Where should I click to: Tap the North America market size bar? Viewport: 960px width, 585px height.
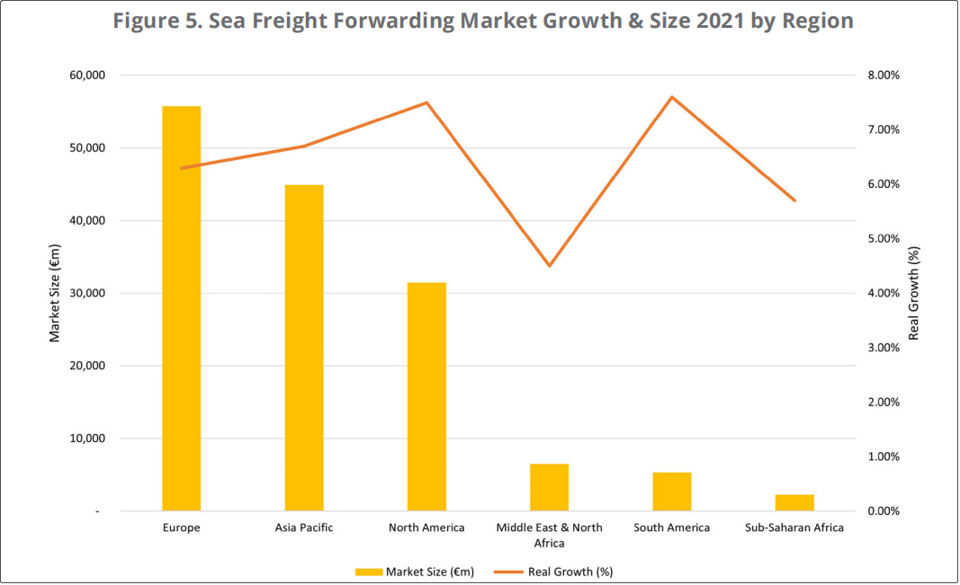pyautogui.click(x=426, y=396)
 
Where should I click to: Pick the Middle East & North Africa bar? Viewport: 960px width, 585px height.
pyautogui.click(x=549, y=487)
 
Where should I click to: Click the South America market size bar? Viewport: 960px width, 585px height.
pyautogui.click(x=672, y=492)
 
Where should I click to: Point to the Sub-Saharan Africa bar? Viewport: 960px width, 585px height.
pyautogui.click(x=794, y=502)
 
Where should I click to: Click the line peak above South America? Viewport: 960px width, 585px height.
pyautogui.click(x=672, y=96)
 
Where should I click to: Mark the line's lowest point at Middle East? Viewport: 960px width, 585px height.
pyautogui.click(x=549, y=266)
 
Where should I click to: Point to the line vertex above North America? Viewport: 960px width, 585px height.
pyautogui.click(x=426, y=102)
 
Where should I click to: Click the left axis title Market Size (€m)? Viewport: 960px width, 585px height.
pyautogui.click(x=54, y=293)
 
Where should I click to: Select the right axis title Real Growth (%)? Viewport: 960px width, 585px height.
pyautogui.click(x=913, y=293)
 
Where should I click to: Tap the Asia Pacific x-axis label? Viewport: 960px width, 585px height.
pyautogui.click(x=304, y=527)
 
